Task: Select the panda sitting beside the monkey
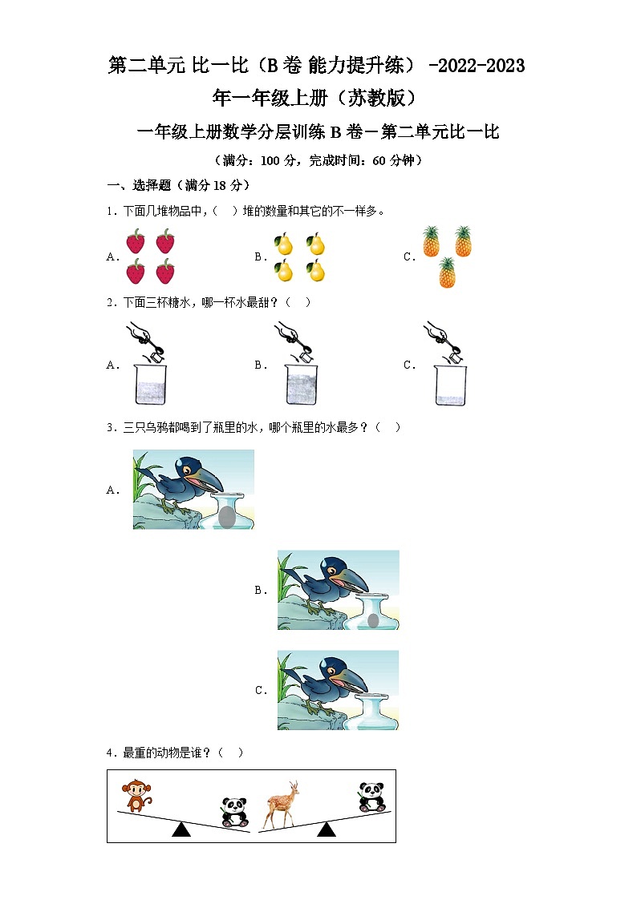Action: (x=233, y=812)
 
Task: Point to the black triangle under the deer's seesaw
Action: (x=326, y=829)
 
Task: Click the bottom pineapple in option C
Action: (x=447, y=272)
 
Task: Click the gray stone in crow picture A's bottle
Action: (x=227, y=517)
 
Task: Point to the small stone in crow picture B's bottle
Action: (x=373, y=620)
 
